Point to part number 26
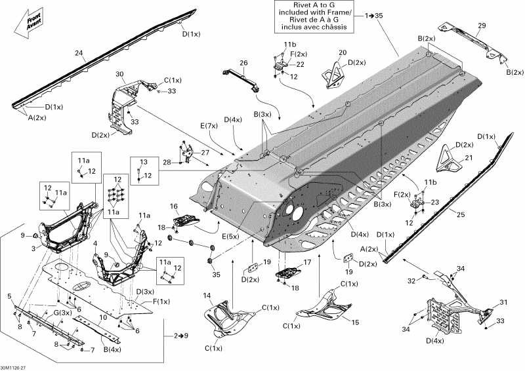243,63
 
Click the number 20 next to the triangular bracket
343,52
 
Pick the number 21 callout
468,157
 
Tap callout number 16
175,206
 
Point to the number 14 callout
207,295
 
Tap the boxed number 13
144,162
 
